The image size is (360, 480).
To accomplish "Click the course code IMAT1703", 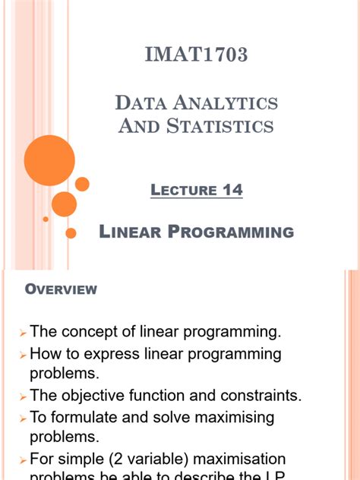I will point(197,55).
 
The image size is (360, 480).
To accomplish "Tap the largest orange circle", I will point(49,160).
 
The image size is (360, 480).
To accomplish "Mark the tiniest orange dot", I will point(46,219).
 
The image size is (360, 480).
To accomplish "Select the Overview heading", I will point(61,289).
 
